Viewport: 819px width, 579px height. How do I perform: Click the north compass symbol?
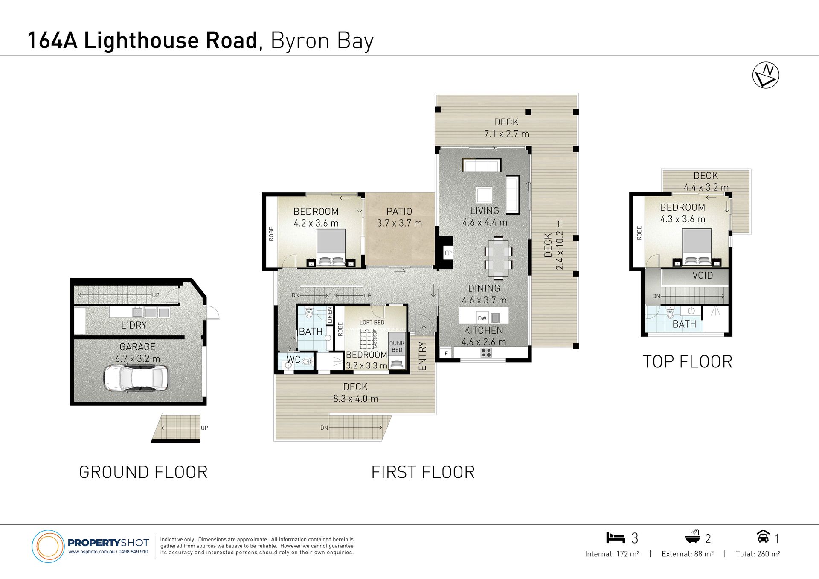pos(766,76)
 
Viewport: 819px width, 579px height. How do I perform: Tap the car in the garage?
pos(135,378)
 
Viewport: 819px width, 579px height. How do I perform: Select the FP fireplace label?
pos(448,253)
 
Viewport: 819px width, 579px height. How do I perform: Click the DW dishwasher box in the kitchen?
pos(482,318)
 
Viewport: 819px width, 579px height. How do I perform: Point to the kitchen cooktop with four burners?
pos(486,352)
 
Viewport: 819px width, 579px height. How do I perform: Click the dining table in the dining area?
pos(498,258)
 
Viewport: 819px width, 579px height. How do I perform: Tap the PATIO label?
pos(399,212)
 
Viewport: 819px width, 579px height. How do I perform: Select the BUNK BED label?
pos(397,346)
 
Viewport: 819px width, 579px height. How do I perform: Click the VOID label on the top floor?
pos(703,276)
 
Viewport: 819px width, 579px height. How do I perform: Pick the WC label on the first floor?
pos(293,359)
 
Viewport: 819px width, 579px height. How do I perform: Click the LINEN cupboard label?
pos(330,315)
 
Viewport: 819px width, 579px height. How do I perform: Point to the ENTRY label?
pos(422,356)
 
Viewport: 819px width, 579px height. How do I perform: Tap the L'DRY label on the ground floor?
pos(134,325)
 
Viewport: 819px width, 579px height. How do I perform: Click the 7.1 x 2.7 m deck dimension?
pos(506,134)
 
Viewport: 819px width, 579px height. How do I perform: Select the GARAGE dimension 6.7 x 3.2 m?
pos(137,359)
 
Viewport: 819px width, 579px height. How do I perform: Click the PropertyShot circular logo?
pos(48,546)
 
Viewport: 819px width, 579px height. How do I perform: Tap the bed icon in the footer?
pos(615,538)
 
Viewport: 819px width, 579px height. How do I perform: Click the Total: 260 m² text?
pos(758,554)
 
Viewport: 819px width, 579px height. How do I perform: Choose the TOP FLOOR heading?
pos(688,362)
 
